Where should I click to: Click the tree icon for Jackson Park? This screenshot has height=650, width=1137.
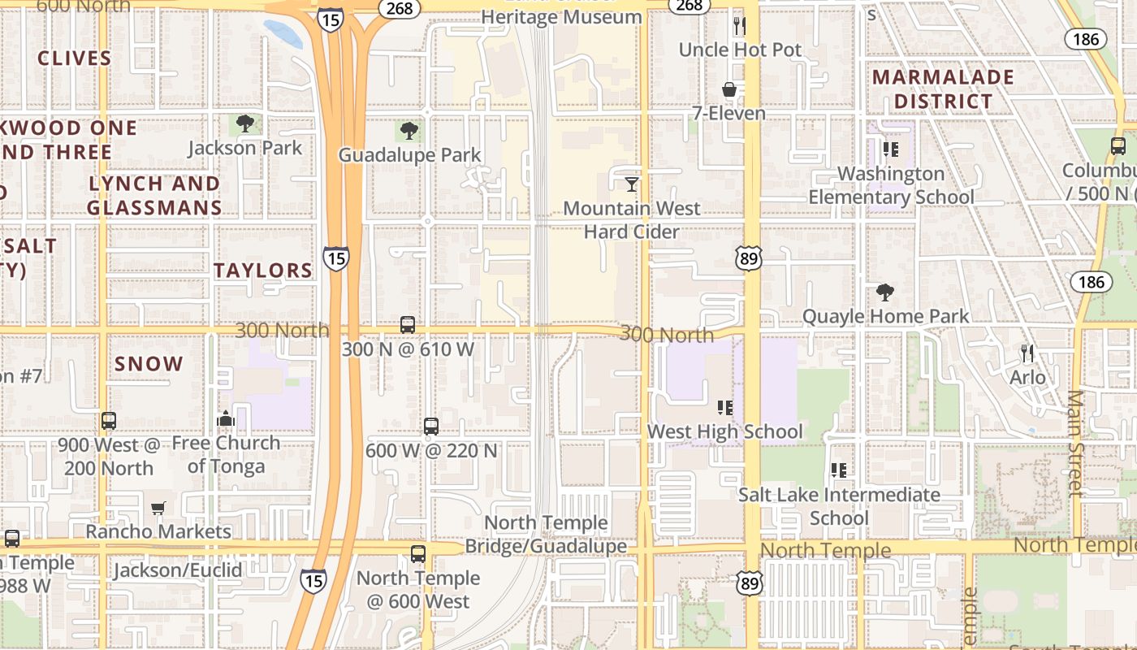[x=245, y=124]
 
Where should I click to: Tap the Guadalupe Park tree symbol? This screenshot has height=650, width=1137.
[x=409, y=131]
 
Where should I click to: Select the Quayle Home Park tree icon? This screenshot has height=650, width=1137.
[x=885, y=292]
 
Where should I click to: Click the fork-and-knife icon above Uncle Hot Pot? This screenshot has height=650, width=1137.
[x=739, y=26]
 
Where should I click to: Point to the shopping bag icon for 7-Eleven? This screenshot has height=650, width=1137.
[x=729, y=89]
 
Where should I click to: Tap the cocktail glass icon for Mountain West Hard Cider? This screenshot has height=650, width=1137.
[x=631, y=184]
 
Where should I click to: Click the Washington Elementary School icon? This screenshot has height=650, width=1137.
[x=891, y=149]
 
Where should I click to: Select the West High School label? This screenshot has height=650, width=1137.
[x=724, y=431]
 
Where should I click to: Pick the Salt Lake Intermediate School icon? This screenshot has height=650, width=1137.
[x=839, y=470]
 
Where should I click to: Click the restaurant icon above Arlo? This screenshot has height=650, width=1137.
[x=1027, y=353]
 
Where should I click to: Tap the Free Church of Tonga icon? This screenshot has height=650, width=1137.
[x=226, y=419]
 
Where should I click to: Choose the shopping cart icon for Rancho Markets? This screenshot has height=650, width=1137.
[x=158, y=508]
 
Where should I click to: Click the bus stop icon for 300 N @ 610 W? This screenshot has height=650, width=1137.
[x=408, y=325]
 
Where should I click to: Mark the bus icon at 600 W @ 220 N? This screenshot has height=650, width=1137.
[x=431, y=426]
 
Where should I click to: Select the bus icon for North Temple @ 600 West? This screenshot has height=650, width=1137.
[x=418, y=554]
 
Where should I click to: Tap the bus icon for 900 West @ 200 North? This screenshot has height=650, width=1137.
[x=109, y=421]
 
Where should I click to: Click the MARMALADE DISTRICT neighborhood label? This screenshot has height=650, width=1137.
[x=943, y=89]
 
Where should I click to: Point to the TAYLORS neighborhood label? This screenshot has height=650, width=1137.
[x=263, y=271]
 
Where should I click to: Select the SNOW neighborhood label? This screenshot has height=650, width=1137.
[x=149, y=364]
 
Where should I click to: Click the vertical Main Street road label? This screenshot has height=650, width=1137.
[x=1075, y=443]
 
